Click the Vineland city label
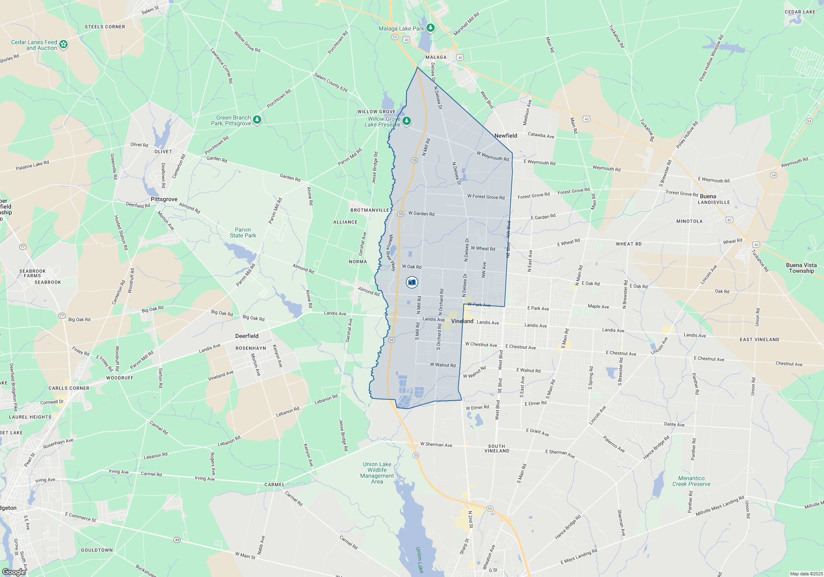(462, 321)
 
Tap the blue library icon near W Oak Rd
(412, 282)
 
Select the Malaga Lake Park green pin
(431, 28)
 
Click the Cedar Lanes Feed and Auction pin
(63, 44)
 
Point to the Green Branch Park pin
(257, 120)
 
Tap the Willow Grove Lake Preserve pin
(407, 121)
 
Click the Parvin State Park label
(243, 232)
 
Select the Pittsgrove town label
(164, 199)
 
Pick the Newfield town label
(506, 136)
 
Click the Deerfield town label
(247, 336)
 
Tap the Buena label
(708, 196)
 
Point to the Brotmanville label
(370, 210)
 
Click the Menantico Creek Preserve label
(691, 481)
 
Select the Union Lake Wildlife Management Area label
(377, 473)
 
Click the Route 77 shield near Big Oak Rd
(62, 316)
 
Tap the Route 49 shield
(177, 539)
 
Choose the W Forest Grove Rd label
(486, 197)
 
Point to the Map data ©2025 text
(806, 574)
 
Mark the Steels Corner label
(105, 27)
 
